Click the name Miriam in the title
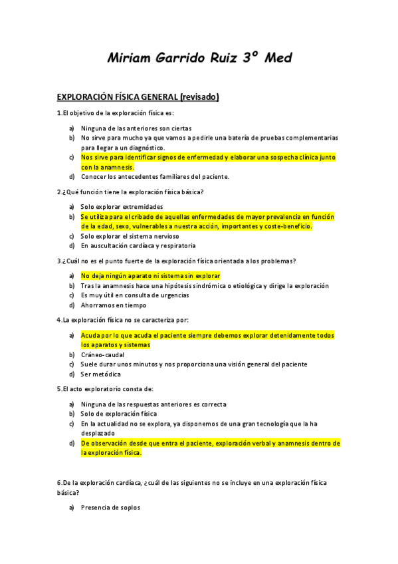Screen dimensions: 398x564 [x=130, y=59]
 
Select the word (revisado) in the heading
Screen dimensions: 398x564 [x=197, y=97]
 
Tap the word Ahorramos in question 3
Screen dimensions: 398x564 [x=97, y=305]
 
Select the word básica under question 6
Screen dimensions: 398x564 [x=68, y=493]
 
